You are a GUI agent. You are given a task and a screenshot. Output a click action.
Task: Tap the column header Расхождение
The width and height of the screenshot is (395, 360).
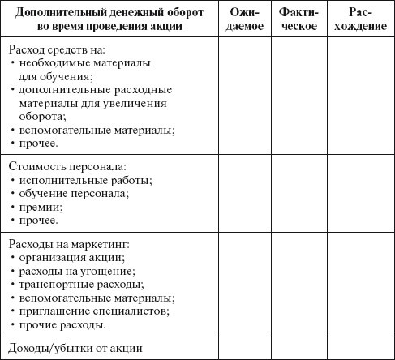[359, 19]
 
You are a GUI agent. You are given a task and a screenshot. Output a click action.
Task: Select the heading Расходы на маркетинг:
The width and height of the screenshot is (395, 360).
[70, 244]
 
